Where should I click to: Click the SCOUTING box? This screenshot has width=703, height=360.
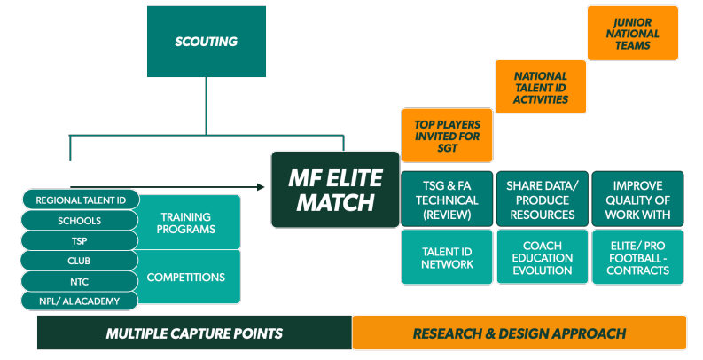[206, 42]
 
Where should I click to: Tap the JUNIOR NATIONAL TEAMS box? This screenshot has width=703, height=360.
[632, 34]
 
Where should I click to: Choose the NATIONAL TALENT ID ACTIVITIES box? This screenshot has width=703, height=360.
[540, 87]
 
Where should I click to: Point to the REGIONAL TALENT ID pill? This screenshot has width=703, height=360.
[80, 200]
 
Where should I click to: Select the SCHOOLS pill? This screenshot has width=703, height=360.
[80, 221]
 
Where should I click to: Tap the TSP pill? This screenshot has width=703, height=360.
[80, 240]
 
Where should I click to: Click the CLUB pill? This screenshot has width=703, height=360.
[80, 262]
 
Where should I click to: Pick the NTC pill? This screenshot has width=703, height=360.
[80, 281]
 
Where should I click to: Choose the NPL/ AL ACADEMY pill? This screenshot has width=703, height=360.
[80, 301]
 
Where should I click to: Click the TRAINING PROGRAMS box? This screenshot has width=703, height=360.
[188, 222]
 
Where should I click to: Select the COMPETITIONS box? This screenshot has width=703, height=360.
[188, 277]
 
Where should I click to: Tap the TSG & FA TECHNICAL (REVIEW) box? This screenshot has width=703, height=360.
[446, 200]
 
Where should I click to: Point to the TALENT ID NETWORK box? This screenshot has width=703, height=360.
[446, 257]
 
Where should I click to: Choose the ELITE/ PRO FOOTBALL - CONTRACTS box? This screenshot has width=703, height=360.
[638, 257]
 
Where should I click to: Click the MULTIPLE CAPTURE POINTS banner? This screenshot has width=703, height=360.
[194, 333]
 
